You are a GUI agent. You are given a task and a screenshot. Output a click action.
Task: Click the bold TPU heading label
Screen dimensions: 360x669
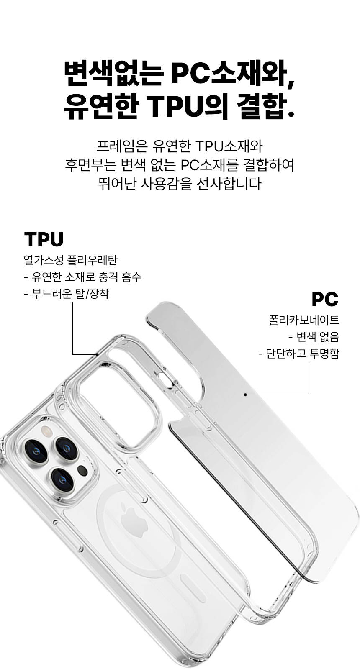pyautogui.click(x=44, y=239)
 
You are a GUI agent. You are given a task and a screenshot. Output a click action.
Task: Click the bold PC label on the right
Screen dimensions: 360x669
pyautogui.click(x=325, y=299)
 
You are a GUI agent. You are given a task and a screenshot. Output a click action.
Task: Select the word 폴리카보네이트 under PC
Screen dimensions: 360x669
pyautogui.click(x=304, y=320)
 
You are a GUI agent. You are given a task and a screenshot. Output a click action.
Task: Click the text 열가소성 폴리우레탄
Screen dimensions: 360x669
pyautogui.click(x=70, y=260)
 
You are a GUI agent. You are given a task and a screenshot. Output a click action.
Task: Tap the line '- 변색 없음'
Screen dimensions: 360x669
pyautogui.click(x=314, y=337)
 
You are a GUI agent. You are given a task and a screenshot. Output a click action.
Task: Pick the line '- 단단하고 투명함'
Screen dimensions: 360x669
pyautogui.click(x=299, y=354)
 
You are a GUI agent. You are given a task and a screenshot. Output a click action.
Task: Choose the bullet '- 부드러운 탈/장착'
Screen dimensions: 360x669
pyautogui.click(x=67, y=294)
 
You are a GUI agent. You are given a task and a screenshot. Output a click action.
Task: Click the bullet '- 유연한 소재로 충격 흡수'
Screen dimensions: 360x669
pyautogui.click(x=82, y=277)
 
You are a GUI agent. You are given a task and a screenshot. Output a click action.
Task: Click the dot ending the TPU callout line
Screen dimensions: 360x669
pyautogui.click(x=98, y=354)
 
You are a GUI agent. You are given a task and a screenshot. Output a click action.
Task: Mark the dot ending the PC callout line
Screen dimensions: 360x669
pyautogui.click(x=245, y=395)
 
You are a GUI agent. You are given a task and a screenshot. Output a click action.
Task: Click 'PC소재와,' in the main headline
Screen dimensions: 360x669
pyautogui.click(x=232, y=74)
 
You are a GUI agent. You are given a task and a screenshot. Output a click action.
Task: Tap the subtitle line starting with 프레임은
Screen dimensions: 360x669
pyautogui.click(x=180, y=146)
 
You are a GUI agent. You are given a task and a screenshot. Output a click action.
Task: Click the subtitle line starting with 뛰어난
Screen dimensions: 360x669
pyautogui.click(x=180, y=184)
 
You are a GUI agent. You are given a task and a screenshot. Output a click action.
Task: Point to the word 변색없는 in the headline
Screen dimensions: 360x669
pyautogui.click(x=113, y=74)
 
